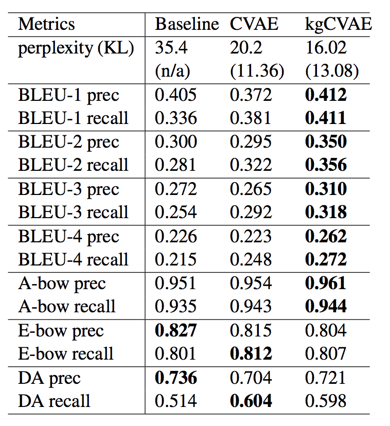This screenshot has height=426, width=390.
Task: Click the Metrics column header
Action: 47,24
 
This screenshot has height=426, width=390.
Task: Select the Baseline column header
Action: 187,24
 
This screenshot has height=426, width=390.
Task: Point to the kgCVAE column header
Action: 338,24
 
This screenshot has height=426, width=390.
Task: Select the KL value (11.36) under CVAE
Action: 257,72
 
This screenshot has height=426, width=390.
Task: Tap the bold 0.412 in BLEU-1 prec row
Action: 326,95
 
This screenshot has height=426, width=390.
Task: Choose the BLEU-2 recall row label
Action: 73,165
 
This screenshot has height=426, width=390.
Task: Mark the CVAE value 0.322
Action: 251,165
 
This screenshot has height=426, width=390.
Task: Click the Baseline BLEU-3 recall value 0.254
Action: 175,212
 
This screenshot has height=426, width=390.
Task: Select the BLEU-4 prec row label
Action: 68,236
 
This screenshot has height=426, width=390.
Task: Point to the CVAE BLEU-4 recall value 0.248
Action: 251,260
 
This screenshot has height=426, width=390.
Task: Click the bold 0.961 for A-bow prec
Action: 326,283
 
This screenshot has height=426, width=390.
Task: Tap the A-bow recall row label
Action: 67,307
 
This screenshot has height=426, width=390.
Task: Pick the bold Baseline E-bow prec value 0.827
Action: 176,330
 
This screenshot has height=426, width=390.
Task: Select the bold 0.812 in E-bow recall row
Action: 251,354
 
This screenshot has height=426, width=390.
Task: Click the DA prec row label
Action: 49,378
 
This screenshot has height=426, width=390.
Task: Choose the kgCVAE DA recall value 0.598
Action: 326,401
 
